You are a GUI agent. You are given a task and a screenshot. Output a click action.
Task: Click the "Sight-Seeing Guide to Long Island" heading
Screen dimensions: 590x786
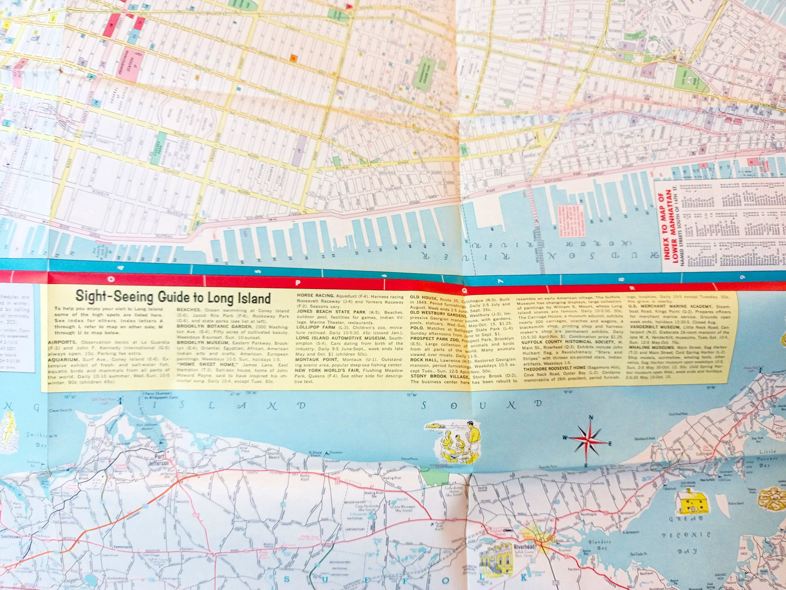point(172,297)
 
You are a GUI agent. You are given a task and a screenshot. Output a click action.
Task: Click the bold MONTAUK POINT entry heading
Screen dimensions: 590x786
point(318,360)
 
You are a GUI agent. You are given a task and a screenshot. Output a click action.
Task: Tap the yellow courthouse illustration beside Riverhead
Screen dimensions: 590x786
point(496,559)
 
